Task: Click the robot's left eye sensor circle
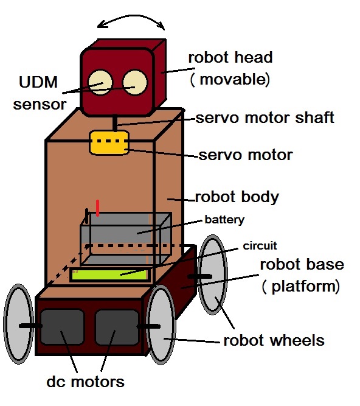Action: tap(100, 82)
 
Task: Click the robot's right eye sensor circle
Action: tap(135, 82)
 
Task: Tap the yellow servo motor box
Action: tap(109, 142)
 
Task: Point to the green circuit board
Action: tap(109, 275)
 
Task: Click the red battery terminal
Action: tap(97, 208)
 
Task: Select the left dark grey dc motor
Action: tap(62, 327)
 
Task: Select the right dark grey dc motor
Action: tap(117, 327)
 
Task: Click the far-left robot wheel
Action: tap(18, 324)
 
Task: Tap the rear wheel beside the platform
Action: tap(213, 275)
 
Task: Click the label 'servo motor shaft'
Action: tap(265, 118)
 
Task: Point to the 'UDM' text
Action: tap(38, 82)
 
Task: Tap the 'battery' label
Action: tap(224, 220)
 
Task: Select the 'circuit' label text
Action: tap(260, 246)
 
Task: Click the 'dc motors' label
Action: tap(85, 382)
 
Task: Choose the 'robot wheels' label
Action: tap(274, 340)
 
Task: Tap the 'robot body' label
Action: tap(237, 197)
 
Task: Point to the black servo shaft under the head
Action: tap(115, 123)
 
